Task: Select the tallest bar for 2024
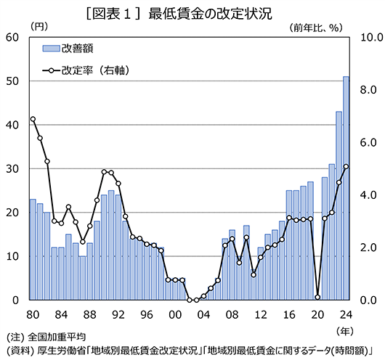tap(346, 188)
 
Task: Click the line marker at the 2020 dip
tap(317, 297)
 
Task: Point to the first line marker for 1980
tap(33, 119)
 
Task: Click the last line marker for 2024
tap(346, 166)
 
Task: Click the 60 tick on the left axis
tap(12, 37)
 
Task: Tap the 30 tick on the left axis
tap(12, 168)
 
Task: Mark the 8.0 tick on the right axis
tap(368, 90)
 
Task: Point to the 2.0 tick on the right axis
tap(368, 247)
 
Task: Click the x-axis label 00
tap(174, 314)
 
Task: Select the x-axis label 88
tap(89, 314)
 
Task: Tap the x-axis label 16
tap(289, 314)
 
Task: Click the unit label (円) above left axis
tap(38, 26)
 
